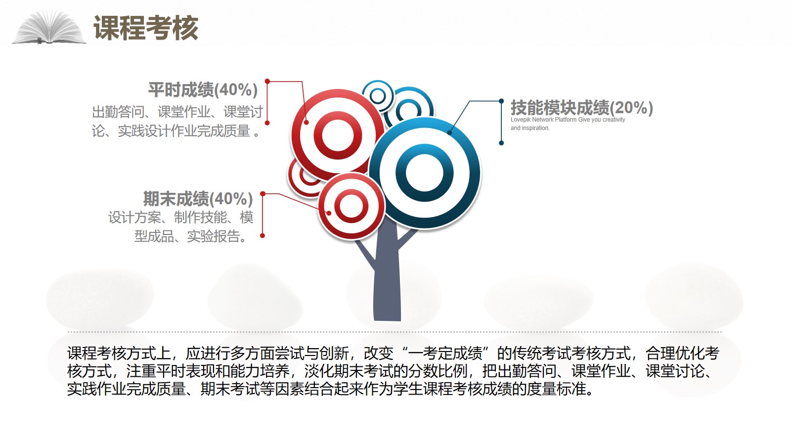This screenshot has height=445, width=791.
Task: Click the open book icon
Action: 49,28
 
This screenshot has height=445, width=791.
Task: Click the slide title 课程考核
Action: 146,28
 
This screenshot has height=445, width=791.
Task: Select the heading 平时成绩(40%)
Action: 203,89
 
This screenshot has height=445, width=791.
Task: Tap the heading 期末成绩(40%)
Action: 198,198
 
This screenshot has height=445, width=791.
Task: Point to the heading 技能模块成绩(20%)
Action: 581,107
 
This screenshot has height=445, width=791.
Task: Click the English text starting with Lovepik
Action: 568,124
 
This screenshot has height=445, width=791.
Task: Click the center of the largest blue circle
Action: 425,173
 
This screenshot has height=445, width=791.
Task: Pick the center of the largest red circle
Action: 338,135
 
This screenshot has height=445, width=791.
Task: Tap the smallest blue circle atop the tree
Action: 378,96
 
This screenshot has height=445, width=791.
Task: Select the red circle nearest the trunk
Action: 351,206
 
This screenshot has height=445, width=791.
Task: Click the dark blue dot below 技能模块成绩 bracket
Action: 501,143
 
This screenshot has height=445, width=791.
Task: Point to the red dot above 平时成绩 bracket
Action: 267,81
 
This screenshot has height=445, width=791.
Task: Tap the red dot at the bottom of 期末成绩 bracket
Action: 263,235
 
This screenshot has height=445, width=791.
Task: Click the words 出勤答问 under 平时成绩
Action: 118,112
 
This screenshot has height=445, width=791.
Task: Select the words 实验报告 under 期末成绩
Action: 213,236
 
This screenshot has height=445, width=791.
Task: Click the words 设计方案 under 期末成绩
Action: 134,217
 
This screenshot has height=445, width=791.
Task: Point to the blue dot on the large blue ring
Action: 449,133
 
